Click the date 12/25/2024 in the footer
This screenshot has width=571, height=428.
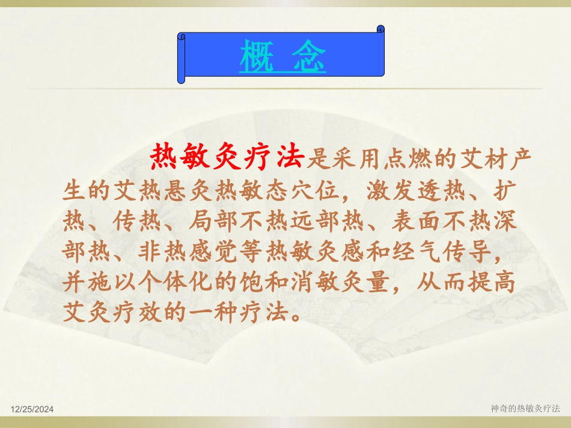(x=32, y=409)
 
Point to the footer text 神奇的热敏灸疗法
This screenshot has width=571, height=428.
(x=525, y=408)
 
